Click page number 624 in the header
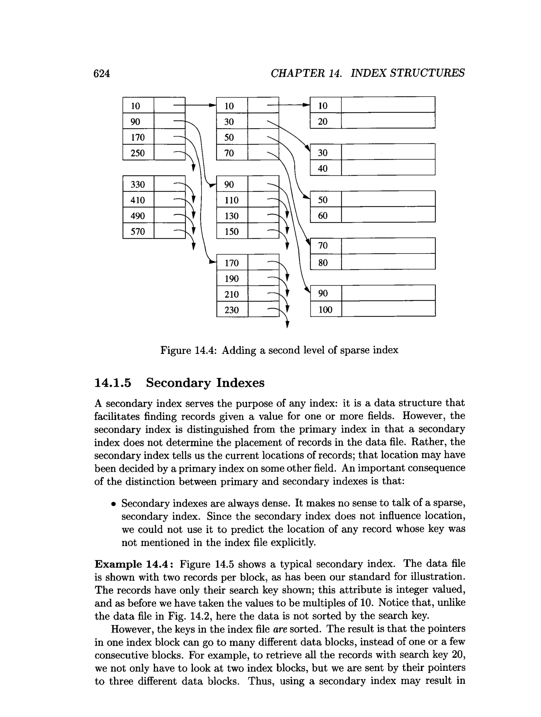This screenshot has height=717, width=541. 101,73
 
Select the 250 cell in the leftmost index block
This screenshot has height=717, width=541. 138,153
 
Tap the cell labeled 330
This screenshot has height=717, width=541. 138,184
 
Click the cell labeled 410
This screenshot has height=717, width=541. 138,200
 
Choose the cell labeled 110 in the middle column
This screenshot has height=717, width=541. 231,200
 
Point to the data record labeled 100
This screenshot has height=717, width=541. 325,309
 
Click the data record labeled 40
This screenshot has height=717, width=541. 323,168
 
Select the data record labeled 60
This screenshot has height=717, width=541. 323,215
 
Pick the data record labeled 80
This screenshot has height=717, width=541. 323,262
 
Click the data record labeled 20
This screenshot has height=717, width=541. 323,121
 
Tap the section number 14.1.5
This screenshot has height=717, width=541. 113,383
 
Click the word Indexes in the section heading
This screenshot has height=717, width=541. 240,383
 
